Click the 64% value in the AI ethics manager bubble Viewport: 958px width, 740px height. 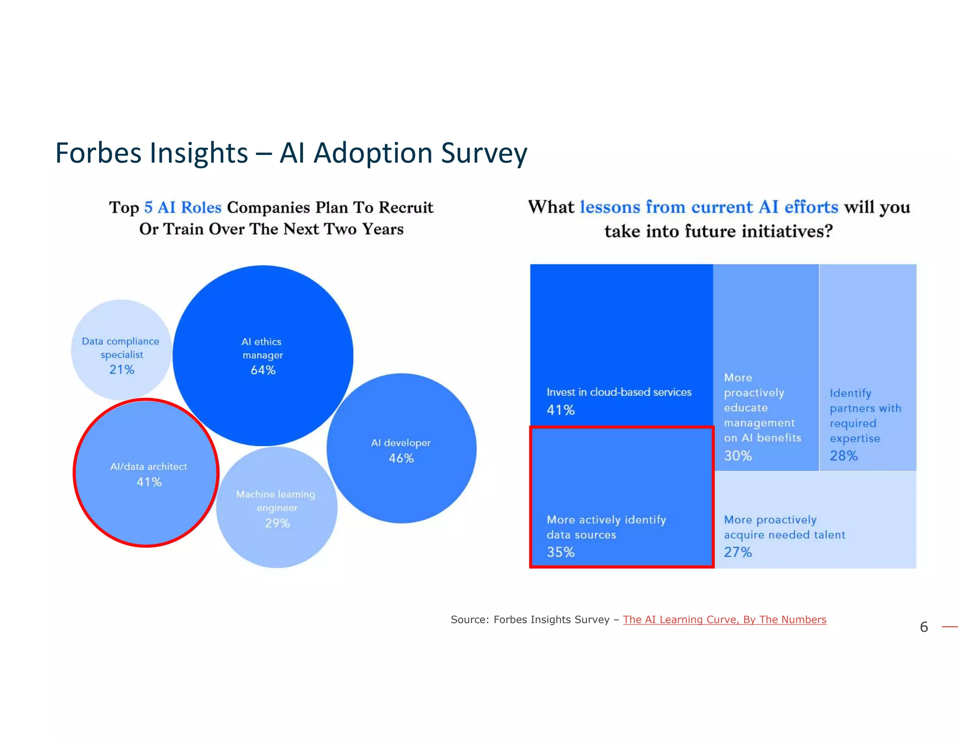[x=263, y=370]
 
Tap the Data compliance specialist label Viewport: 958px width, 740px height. [x=121, y=348]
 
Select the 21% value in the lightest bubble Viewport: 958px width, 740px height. [x=122, y=370]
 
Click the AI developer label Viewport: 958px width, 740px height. [x=400, y=443]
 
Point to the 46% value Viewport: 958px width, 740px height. [x=401, y=458]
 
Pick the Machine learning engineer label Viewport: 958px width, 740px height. [x=276, y=501]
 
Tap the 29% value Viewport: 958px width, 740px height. [x=277, y=523]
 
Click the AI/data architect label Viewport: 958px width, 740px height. [x=148, y=466]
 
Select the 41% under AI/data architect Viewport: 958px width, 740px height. [x=149, y=482]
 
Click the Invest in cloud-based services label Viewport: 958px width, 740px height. [x=618, y=392]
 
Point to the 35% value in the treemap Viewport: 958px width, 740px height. [x=560, y=552]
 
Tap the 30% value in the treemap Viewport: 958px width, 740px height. [x=738, y=456]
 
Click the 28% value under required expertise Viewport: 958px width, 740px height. [x=843, y=456]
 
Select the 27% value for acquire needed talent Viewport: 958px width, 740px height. [x=738, y=552]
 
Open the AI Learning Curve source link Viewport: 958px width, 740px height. [x=724, y=619]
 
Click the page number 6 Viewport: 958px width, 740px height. [x=923, y=627]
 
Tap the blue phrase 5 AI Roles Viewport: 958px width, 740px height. [x=182, y=207]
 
